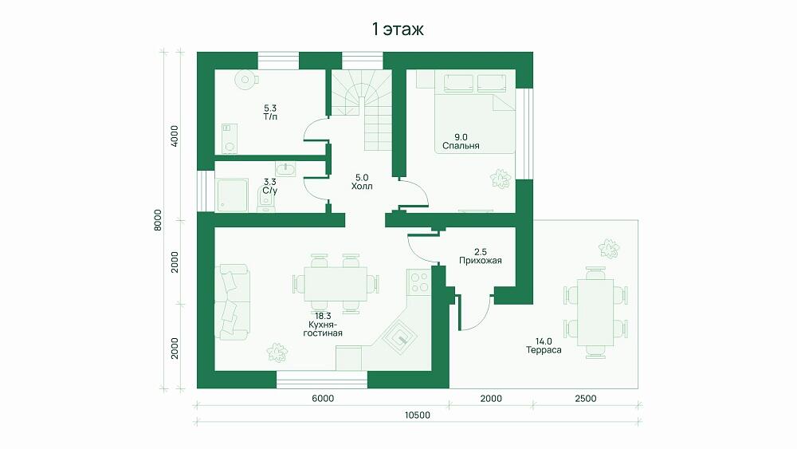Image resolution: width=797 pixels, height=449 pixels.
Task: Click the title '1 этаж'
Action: pyautogui.click(x=398, y=30)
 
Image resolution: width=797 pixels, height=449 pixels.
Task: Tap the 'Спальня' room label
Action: pyautogui.click(x=461, y=146)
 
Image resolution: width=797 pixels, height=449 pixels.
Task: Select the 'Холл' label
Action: pyautogui.click(x=362, y=186)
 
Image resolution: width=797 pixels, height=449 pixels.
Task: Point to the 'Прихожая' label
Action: pyautogui.click(x=481, y=260)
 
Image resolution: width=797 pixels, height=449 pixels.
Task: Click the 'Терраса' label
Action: pyautogui.click(x=544, y=350)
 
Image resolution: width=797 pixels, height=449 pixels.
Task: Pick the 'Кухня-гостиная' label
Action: pyautogui.click(x=323, y=329)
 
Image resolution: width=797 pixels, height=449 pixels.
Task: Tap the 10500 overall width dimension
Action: pyautogui.click(x=418, y=415)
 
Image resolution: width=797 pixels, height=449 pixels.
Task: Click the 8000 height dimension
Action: pyautogui.click(x=158, y=220)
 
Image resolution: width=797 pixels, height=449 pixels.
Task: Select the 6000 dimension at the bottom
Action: pyautogui.click(x=323, y=399)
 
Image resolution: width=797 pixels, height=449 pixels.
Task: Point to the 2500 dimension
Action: pyautogui.click(x=586, y=399)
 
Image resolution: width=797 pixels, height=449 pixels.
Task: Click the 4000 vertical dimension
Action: pyautogui.click(x=175, y=136)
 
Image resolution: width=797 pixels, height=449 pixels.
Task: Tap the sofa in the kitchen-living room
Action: pyautogui.click(x=233, y=301)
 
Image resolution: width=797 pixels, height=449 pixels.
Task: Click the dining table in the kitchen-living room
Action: pyautogui.click(x=336, y=284)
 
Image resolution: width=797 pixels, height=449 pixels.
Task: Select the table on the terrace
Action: pyautogui.click(x=595, y=312)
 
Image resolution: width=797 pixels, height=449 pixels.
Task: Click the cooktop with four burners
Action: pyautogui.click(x=419, y=282)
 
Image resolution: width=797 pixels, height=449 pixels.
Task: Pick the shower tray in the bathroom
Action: pyautogui.click(x=233, y=195)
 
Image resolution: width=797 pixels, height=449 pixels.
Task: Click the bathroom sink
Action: pyautogui.click(x=285, y=169)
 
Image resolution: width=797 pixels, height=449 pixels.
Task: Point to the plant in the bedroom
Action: pyautogui.click(x=501, y=179)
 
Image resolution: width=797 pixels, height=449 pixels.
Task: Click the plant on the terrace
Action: pyautogui.click(x=608, y=248)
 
